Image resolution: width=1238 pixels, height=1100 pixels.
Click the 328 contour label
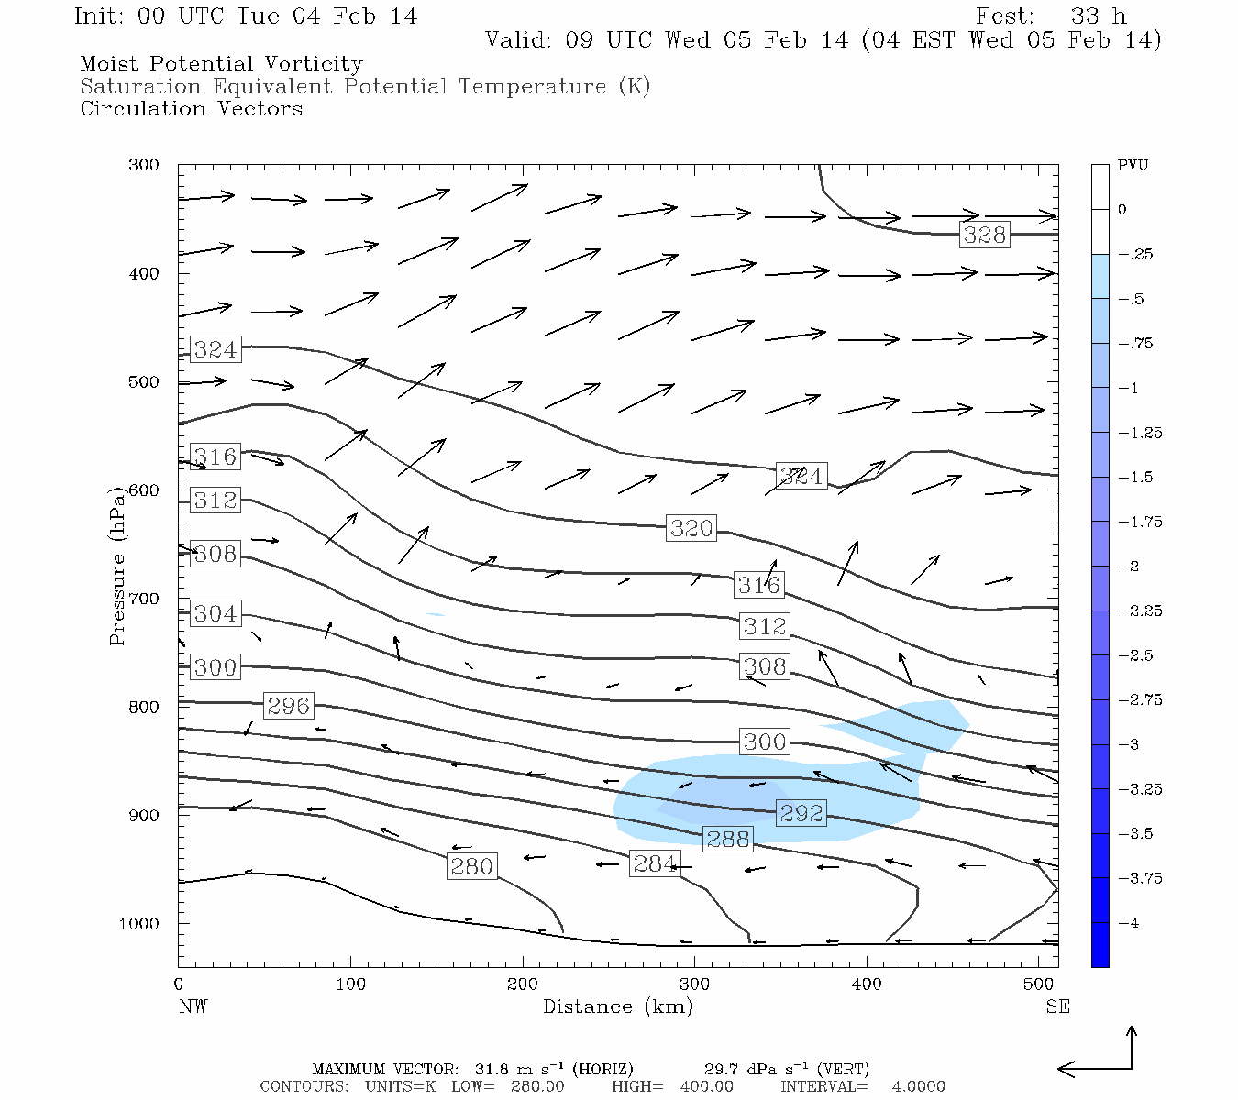[984, 235]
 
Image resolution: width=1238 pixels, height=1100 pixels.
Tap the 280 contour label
[471, 866]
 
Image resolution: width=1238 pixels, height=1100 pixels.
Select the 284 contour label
[655, 863]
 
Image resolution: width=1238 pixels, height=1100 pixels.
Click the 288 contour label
[727, 839]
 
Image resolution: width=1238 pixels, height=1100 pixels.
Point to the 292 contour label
[801, 813]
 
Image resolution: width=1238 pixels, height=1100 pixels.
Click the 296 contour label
[288, 705]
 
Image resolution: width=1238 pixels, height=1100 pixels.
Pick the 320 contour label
[691, 528]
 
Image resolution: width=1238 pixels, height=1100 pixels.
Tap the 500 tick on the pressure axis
[143, 382]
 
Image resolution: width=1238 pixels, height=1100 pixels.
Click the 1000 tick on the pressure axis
[138, 924]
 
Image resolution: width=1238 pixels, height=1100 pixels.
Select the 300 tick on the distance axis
[694, 984]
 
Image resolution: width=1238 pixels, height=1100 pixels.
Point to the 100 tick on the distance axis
[350, 984]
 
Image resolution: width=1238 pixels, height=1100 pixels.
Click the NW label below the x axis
[193, 1006]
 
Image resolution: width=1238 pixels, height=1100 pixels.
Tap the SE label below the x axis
[1057, 1006]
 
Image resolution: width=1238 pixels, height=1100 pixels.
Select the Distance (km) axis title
[617, 1006]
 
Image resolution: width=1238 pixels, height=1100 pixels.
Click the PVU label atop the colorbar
[1133, 166]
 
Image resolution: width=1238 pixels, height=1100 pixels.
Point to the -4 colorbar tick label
[1130, 923]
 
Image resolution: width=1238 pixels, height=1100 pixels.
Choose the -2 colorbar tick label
[1130, 566]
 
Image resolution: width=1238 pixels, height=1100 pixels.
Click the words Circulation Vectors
[191, 109]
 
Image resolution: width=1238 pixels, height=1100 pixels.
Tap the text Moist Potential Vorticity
[221, 64]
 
